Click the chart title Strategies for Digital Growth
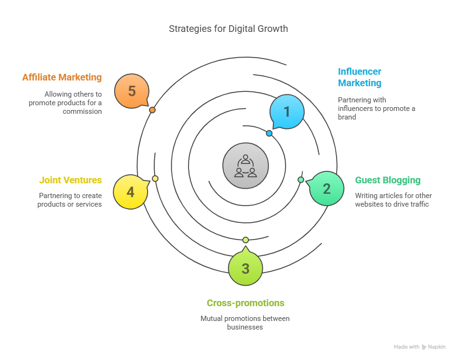pos(228,29)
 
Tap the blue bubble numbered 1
pos(287,111)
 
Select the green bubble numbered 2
pos(327,188)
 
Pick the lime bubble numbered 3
pos(246,268)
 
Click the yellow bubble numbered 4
pos(130,192)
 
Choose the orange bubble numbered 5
pos(132,91)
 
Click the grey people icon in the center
pos(246,166)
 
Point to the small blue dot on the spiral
pos(269,133)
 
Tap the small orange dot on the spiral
pos(152,110)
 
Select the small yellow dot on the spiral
pos(155,179)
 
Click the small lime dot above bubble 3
pos(246,240)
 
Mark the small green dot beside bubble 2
pos(301,180)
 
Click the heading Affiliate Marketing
pos(62,77)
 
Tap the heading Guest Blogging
pos(387,180)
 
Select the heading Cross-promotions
pos(246,303)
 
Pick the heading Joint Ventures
pos(70,180)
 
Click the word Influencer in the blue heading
pos(359,71)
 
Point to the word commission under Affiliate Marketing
pos(82,111)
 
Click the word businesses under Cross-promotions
pos(245,327)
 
